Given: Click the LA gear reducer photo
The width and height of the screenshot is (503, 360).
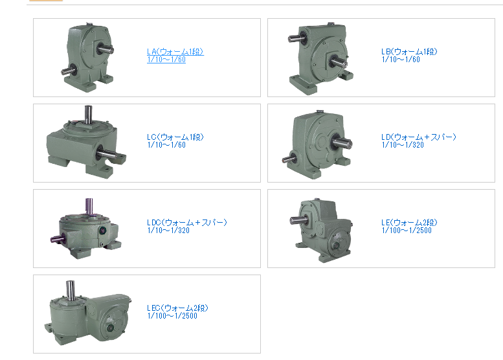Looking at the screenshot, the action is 87,58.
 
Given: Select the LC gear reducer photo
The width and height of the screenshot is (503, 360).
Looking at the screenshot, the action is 86,142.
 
